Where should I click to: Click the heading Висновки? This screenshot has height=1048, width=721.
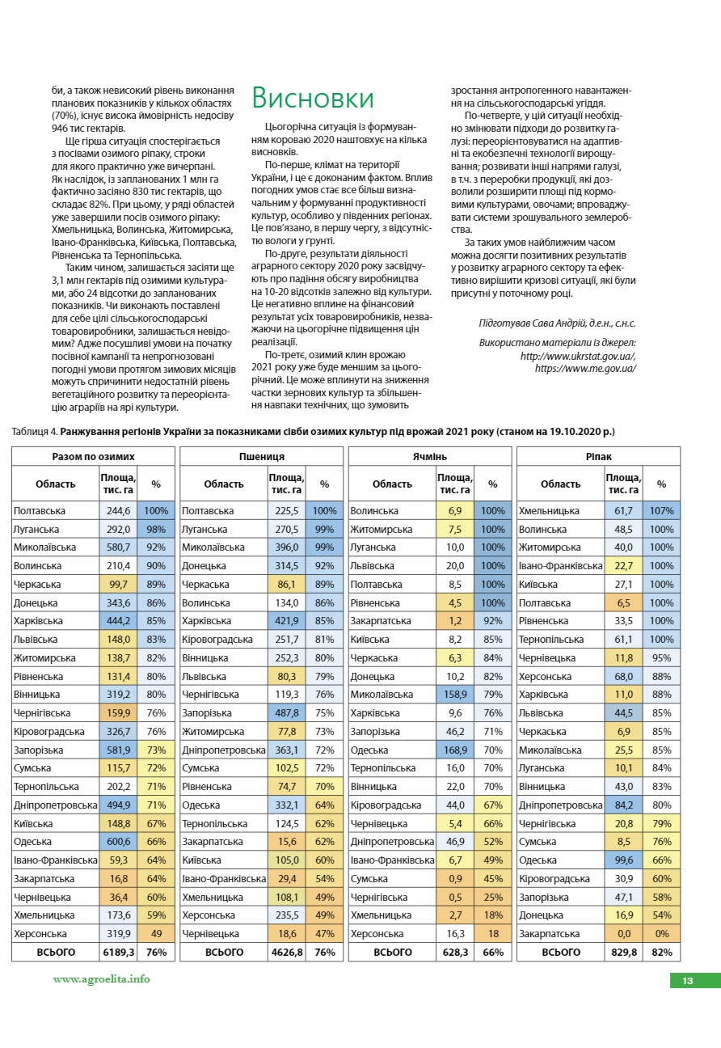point(313,98)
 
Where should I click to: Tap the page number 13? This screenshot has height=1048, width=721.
point(688,981)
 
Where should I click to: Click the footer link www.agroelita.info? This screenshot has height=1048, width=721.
point(101,978)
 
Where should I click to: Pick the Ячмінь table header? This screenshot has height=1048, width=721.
point(429,457)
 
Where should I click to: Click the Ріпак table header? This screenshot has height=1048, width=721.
point(598,457)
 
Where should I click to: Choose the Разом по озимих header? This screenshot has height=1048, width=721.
point(93,457)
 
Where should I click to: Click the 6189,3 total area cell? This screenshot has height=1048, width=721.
point(118,953)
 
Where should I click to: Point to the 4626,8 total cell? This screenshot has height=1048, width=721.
point(287,953)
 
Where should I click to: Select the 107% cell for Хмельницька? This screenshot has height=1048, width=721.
point(661,511)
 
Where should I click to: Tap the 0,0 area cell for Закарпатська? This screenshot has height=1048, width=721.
point(623,934)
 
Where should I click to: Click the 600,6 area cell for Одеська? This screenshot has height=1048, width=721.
point(118,842)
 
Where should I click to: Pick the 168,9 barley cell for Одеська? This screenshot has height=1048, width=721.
point(455,750)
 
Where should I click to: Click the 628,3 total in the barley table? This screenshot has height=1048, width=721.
point(455,953)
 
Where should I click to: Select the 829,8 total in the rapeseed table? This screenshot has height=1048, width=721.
point(623,953)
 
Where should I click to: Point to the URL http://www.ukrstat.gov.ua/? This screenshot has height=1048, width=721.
point(578,356)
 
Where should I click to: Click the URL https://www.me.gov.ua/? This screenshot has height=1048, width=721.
point(585,368)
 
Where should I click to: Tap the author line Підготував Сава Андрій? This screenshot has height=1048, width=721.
point(557,323)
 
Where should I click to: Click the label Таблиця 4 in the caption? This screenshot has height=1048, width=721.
point(34,433)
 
